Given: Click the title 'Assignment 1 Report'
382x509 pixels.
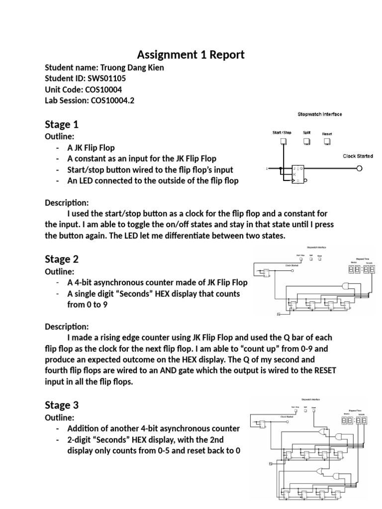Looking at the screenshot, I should (191, 54).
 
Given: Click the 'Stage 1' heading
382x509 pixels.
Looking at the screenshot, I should (62, 124).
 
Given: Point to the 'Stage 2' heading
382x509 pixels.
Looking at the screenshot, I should (62, 259).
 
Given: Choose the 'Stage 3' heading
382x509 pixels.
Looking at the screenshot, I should (62, 405).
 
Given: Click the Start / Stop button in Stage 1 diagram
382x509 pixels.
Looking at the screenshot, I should (283, 142).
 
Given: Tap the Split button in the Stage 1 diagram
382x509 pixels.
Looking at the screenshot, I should (307, 142).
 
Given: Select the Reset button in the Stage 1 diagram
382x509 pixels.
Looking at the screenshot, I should (327, 142).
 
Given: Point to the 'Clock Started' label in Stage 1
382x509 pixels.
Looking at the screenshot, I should (358, 156).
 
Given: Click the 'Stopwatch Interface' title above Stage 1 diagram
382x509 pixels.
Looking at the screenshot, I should (319, 114).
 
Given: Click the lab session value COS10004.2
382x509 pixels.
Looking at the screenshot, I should (112, 101).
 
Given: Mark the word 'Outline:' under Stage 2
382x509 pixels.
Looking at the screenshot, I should (59, 271).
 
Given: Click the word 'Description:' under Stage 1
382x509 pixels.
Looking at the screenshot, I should (67, 203).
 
